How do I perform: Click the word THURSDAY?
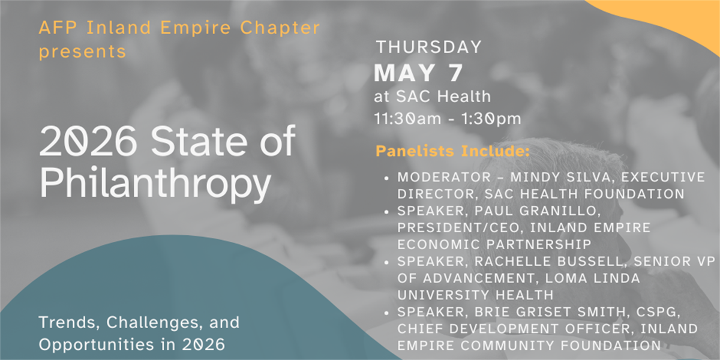pos(429,47)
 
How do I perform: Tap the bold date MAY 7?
pos(418,73)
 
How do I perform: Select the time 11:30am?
pos(408,119)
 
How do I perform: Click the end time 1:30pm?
pos(491,119)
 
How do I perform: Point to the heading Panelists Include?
pos(452,151)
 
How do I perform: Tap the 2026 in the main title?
pos(88,141)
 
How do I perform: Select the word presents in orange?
pos(82,52)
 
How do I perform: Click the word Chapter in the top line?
pos(280,28)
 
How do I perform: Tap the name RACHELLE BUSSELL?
pos(549,262)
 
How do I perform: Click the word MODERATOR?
pos(444,177)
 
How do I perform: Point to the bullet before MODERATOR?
pos(386,178)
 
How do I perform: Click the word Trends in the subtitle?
pos(69,322)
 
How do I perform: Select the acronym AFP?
pos(58,28)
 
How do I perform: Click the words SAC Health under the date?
pos(443,97)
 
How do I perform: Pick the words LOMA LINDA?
pos(592,278)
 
